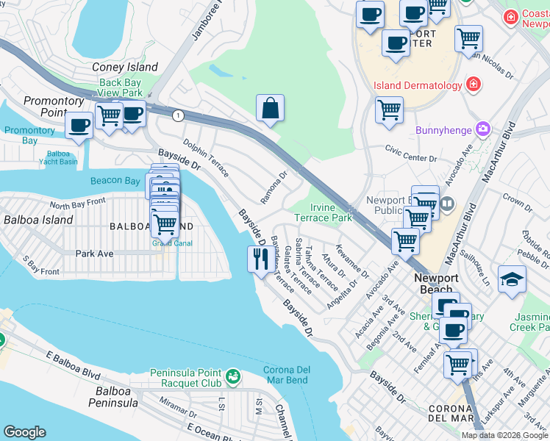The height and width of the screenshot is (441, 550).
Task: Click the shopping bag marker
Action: (271, 109)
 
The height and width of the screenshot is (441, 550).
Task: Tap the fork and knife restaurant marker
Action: (259, 259)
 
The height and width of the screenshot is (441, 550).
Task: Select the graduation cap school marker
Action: (512, 279)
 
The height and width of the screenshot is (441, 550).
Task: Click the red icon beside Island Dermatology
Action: (474, 85)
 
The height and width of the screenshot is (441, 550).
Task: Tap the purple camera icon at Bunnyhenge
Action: (482, 129)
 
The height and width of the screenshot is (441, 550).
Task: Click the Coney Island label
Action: (125, 67)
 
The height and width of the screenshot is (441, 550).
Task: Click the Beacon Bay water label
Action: (115, 181)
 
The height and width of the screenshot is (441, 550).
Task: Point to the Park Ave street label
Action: (94, 253)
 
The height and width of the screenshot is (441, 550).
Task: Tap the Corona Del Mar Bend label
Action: (296, 376)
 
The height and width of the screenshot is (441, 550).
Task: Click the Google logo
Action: (24, 432)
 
